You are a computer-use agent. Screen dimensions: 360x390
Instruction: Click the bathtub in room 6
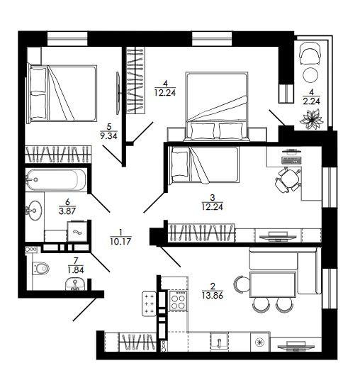56,179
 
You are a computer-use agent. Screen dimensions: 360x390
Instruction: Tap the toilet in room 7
41,268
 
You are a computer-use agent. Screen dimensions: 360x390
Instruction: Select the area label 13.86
213,296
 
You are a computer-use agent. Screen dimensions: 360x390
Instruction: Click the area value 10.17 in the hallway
120,241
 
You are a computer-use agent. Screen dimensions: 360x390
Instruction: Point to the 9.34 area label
108,136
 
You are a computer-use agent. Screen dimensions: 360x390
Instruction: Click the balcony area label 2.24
311,101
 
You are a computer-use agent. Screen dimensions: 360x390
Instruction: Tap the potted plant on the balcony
312,120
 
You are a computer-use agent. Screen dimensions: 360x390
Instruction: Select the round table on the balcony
310,75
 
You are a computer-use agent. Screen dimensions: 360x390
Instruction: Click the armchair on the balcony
310,53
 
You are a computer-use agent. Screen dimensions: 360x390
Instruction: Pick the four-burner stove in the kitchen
178,300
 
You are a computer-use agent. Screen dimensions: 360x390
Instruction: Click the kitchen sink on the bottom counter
219,342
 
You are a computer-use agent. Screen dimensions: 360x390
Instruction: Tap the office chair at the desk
288,180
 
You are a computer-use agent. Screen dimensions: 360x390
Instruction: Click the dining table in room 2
273,284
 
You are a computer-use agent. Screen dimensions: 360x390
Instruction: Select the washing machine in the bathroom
77,232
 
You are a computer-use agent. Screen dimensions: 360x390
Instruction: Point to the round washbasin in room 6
34,211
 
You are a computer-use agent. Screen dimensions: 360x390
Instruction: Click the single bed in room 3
204,165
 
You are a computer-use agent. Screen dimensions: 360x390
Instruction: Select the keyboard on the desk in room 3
291,160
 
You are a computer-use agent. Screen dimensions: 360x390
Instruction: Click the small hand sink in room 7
75,284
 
